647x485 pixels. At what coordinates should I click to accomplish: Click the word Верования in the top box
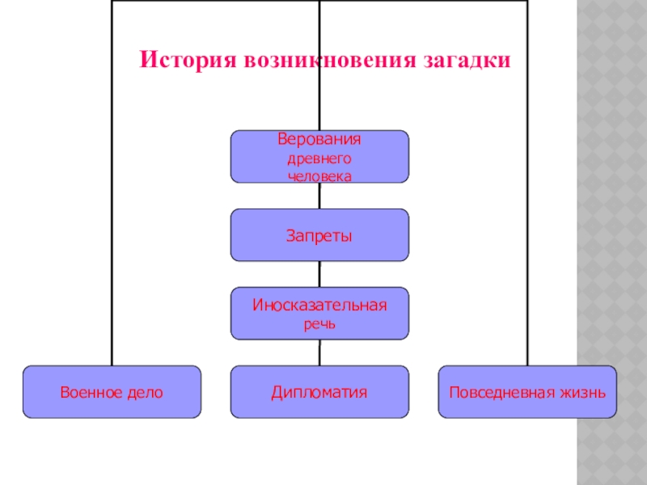click(x=319, y=139)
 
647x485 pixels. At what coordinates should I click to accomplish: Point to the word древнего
click(x=319, y=158)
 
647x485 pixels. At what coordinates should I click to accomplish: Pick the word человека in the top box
click(x=319, y=175)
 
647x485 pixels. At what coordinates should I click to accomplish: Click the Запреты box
click(x=319, y=235)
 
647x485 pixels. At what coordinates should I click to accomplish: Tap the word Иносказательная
click(x=319, y=306)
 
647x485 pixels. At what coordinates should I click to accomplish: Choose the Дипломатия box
click(x=319, y=392)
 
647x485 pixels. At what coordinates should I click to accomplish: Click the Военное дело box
click(x=112, y=392)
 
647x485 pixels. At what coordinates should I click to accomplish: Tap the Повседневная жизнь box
click(x=527, y=392)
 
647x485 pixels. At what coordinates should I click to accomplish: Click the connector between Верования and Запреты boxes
click(x=319, y=196)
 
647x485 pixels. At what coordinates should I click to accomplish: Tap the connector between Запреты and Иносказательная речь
click(x=319, y=274)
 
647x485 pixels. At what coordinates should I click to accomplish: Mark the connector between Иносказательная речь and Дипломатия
click(x=319, y=352)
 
